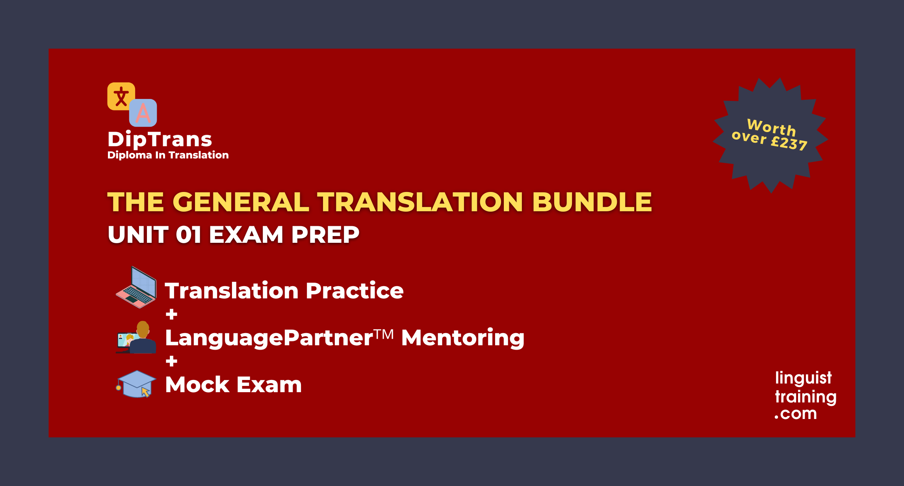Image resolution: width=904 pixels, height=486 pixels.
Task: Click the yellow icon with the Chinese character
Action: [121, 96]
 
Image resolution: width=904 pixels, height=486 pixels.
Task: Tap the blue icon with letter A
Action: [143, 113]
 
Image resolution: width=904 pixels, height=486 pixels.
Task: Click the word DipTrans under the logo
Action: [160, 139]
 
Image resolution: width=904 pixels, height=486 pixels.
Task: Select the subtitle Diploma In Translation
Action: [168, 155]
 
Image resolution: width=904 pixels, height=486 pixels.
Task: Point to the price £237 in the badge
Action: [789, 142]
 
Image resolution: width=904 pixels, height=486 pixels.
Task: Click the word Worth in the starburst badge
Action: [771, 127]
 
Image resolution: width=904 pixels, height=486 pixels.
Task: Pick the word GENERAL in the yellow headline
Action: [241, 202]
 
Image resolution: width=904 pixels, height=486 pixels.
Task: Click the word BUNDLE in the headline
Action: [592, 202]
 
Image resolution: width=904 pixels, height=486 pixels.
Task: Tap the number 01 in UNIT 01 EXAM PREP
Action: [188, 235]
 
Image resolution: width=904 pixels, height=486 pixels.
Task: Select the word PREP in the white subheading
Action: [325, 235]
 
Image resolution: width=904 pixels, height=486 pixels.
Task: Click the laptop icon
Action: [136, 288]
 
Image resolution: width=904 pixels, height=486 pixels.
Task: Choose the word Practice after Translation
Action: [355, 291]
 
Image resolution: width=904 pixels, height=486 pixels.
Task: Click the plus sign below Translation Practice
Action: [171, 314]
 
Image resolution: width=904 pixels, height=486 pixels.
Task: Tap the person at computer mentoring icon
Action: [136, 337]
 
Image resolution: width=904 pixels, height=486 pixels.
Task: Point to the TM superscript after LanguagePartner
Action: [384, 335]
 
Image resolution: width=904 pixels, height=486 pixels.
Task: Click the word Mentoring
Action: [462, 338]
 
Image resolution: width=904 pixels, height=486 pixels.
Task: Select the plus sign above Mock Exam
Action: [171, 361]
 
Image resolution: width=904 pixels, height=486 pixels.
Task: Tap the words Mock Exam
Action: [233, 385]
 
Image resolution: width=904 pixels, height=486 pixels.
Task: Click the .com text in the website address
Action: [796, 414]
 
